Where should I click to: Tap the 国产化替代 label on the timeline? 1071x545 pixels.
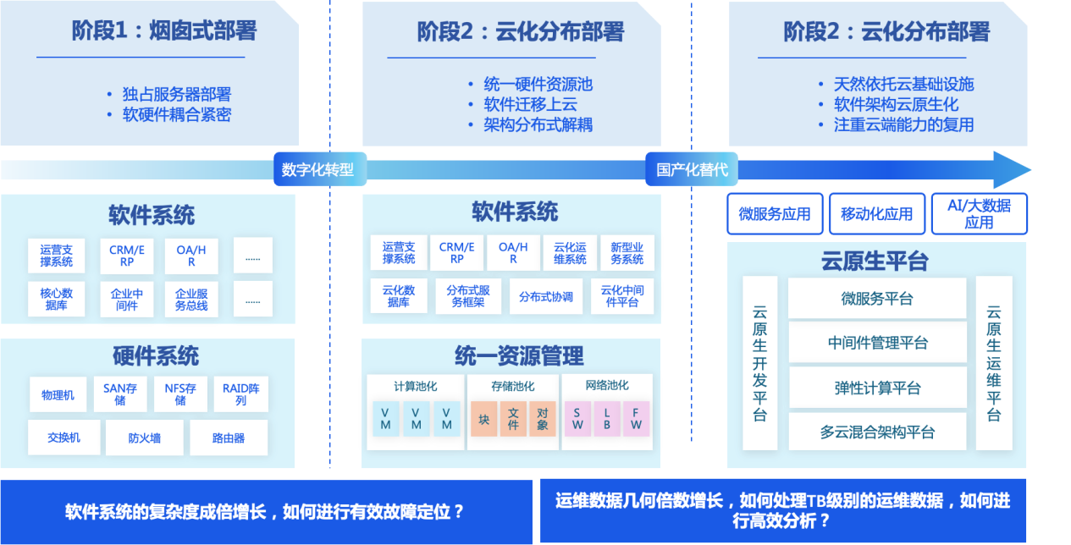692,169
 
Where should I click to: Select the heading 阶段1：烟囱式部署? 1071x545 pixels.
164,32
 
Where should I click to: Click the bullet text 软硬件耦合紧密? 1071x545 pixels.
176,114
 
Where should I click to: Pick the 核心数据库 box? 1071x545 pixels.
57,299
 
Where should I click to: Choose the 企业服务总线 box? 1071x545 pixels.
191,299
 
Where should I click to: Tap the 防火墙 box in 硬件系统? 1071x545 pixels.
144,438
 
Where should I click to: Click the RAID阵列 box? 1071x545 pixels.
240,394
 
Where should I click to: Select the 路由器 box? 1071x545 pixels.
229,438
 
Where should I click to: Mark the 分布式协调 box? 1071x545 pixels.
546,297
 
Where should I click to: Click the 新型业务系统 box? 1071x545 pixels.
627,253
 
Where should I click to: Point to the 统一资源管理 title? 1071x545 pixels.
519,355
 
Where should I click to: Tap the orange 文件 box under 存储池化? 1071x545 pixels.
513,418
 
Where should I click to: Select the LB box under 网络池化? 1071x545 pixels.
606,418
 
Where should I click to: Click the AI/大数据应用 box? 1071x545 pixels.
979,213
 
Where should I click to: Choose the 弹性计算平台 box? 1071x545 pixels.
877,388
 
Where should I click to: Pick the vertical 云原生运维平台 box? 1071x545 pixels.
993,363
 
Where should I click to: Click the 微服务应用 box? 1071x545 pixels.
774,214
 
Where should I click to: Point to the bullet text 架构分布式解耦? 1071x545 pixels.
538,124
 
